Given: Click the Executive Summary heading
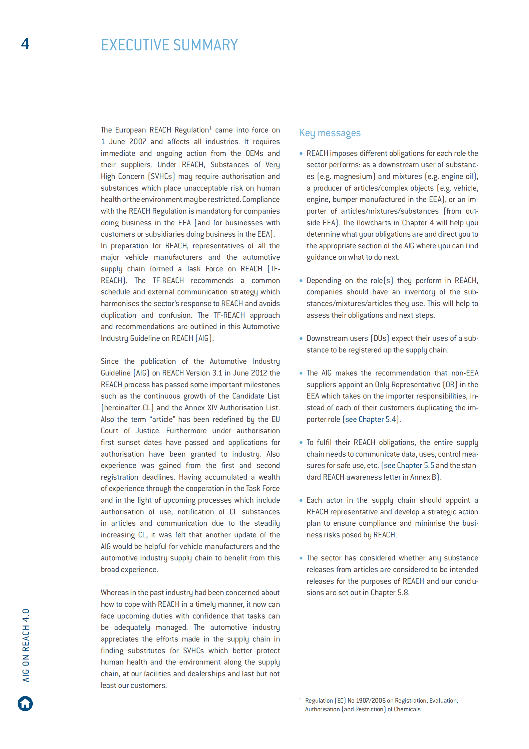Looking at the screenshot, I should tap(169, 45).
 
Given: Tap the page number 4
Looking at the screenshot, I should tap(25, 44).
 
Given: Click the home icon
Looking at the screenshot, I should tap(25, 703).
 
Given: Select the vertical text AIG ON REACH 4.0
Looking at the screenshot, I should tap(26, 645).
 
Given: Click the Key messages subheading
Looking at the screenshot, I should tap(330, 133).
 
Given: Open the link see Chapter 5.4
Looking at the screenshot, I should tap(370, 419).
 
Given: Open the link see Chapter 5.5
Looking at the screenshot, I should tap(409, 465).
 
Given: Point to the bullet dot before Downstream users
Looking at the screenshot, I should tap(301, 338).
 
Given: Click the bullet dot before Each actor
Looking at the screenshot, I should tap(301, 500).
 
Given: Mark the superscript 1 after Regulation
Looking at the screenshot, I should tap(210, 128).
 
